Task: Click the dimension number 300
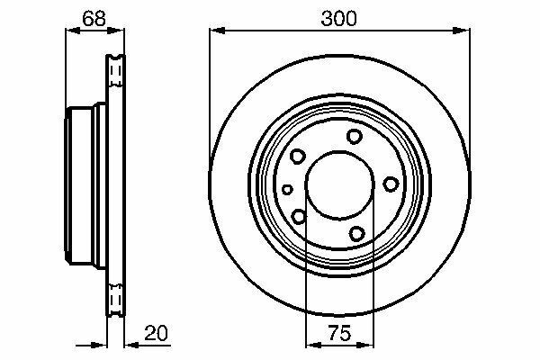click(339, 19)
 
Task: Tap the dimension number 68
click(94, 19)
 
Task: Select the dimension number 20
click(156, 333)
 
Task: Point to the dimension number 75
click(339, 333)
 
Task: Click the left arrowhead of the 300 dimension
click(217, 31)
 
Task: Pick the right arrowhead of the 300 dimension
click(462, 31)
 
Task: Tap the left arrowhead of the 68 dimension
click(73, 31)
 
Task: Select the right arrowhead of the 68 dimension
click(116, 31)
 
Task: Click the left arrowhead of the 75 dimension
click(314, 345)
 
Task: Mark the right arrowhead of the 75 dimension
click(365, 345)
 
